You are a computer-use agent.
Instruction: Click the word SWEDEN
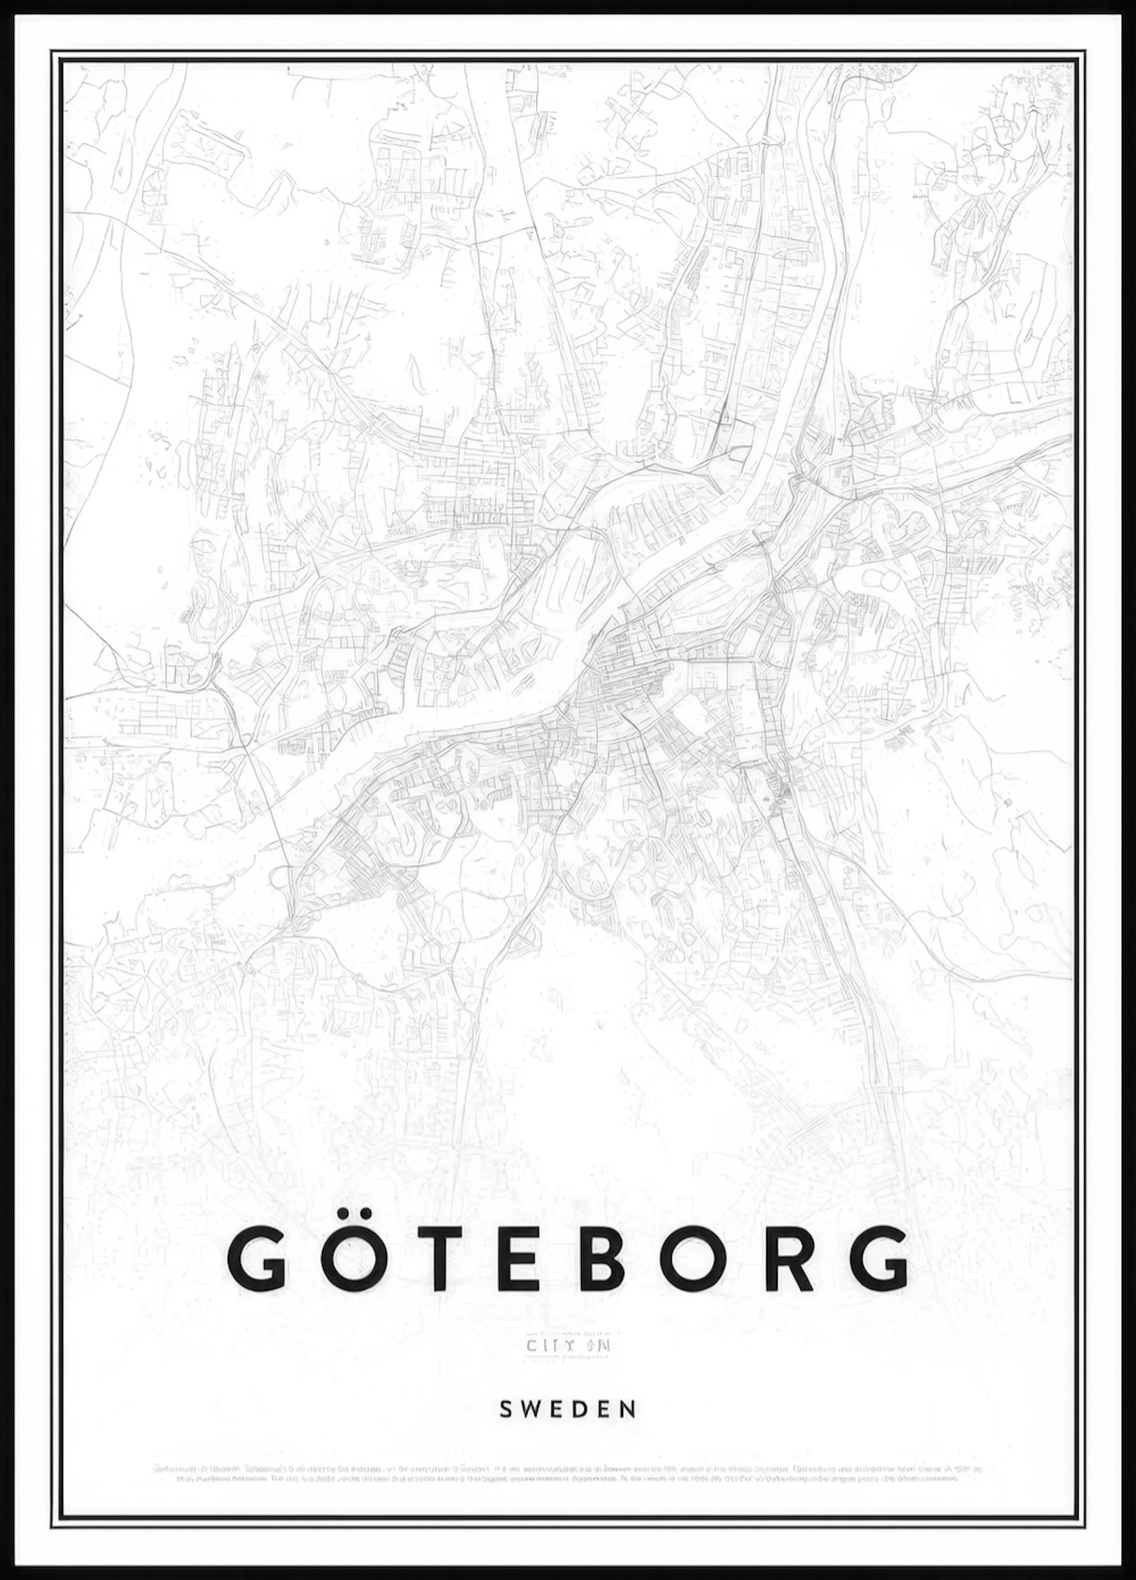pyautogui.click(x=568, y=1390)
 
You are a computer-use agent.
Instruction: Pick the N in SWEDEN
pyautogui.click(x=629, y=1390)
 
